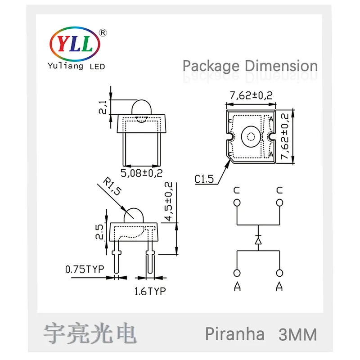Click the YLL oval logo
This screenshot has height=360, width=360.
75,44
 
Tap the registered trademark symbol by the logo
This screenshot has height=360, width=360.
103,33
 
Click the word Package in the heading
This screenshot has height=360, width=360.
211,67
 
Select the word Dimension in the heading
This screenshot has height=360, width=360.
281,66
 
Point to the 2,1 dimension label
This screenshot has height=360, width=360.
103,107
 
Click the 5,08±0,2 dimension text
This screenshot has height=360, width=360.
142,173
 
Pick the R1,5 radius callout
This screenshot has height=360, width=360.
112,186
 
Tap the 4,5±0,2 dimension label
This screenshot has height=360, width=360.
169,202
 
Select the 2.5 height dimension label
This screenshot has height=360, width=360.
99,232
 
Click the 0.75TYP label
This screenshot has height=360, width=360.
85,269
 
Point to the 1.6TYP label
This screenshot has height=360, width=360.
150,291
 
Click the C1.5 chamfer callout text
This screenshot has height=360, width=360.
204,179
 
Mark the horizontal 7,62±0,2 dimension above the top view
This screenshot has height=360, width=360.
251,95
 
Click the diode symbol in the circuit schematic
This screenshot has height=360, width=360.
258,241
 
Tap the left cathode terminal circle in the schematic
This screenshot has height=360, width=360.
237,203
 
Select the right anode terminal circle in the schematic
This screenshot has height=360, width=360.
279,273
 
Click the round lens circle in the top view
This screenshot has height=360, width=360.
251,137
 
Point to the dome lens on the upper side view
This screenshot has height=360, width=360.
142,107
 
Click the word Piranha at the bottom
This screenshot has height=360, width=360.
234,334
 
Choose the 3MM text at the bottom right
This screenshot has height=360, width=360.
298,334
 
